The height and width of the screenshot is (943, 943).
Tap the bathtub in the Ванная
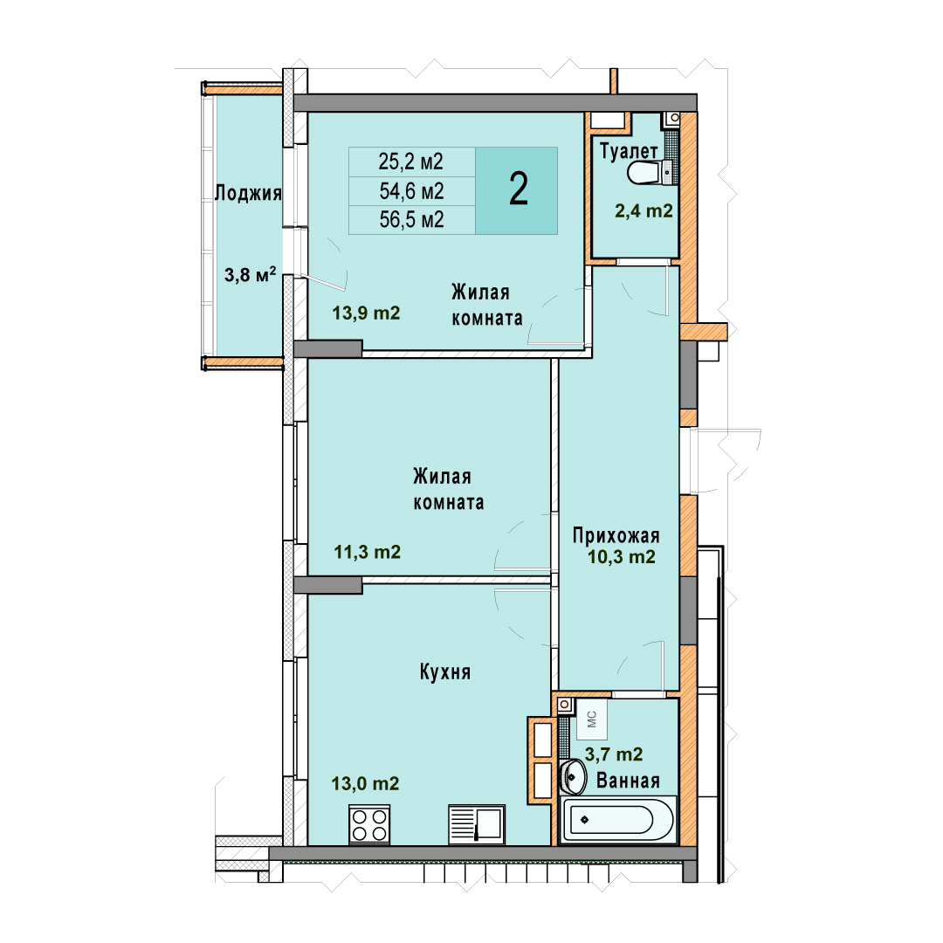[x=617, y=820]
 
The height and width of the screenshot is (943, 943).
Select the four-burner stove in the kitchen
[x=369, y=824]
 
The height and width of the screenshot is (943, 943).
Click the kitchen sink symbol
[x=477, y=824]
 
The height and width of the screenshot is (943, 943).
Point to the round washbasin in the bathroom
[x=573, y=776]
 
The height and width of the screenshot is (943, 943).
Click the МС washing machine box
[x=592, y=719]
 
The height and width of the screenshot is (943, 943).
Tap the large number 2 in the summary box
[x=519, y=189]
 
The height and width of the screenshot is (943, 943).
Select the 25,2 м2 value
[x=410, y=162]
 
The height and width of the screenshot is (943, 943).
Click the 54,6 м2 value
[x=411, y=191]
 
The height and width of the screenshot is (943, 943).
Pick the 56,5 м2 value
[x=411, y=219]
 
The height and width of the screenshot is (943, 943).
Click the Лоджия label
[x=248, y=193]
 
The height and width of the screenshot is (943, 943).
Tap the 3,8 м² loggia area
[x=251, y=275]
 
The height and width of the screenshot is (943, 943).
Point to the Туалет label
[x=629, y=151]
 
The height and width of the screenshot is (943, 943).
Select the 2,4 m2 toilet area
[x=644, y=211]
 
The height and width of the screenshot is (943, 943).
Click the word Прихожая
[x=616, y=534]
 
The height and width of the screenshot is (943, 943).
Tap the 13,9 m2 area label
[x=366, y=313]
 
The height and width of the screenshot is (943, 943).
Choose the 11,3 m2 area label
[x=368, y=552]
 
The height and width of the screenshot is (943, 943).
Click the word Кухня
[x=445, y=671]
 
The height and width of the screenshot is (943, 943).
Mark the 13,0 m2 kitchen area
[x=365, y=783]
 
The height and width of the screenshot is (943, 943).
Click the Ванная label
[x=628, y=781]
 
